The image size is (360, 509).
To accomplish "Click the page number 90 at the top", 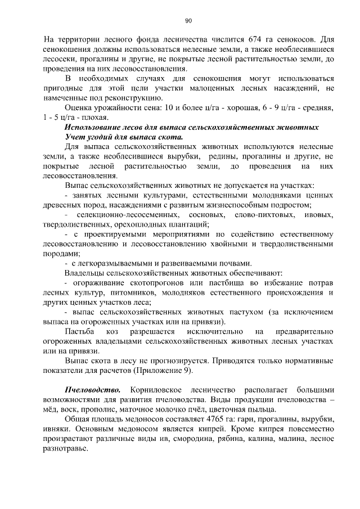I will [188, 21].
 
